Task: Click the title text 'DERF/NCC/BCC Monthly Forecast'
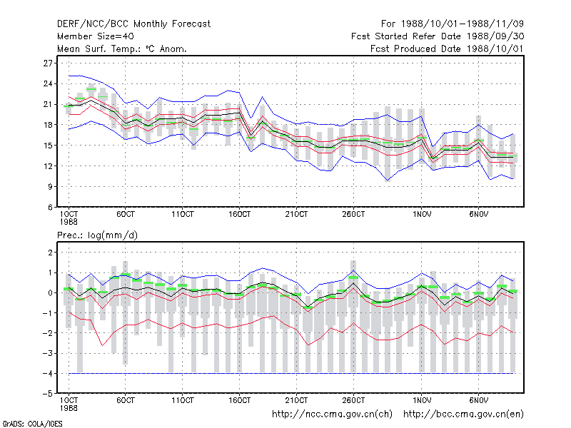pyautogui.click(x=133, y=24)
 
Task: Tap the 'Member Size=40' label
pyautogui.click(x=96, y=36)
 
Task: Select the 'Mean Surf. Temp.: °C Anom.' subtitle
pyautogui.click(x=122, y=49)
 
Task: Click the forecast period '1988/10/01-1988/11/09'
pyautogui.click(x=463, y=24)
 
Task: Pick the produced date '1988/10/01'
pyautogui.click(x=494, y=49)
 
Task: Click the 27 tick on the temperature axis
pyautogui.click(x=48, y=63)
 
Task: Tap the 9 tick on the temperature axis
pyautogui.click(x=50, y=187)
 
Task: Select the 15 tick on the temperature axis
pyautogui.click(x=48, y=146)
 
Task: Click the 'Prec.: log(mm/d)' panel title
pyautogui.click(x=97, y=235)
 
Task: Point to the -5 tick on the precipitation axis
pyautogui.click(x=47, y=394)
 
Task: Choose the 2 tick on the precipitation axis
pyautogui.click(x=50, y=253)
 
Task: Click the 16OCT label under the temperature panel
pyautogui.click(x=240, y=215)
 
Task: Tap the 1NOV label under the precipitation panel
pyautogui.click(x=422, y=400)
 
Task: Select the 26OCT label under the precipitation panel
pyautogui.click(x=353, y=400)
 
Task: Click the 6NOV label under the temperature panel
pyautogui.click(x=478, y=215)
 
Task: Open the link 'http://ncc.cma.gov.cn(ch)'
pyautogui.click(x=332, y=414)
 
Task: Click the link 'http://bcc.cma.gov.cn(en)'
pyautogui.click(x=463, y=414)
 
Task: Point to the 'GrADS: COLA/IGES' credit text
pyautogui.click(x=32, y=424)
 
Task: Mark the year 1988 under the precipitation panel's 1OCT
pyautogui.click(x=69, y=408)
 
